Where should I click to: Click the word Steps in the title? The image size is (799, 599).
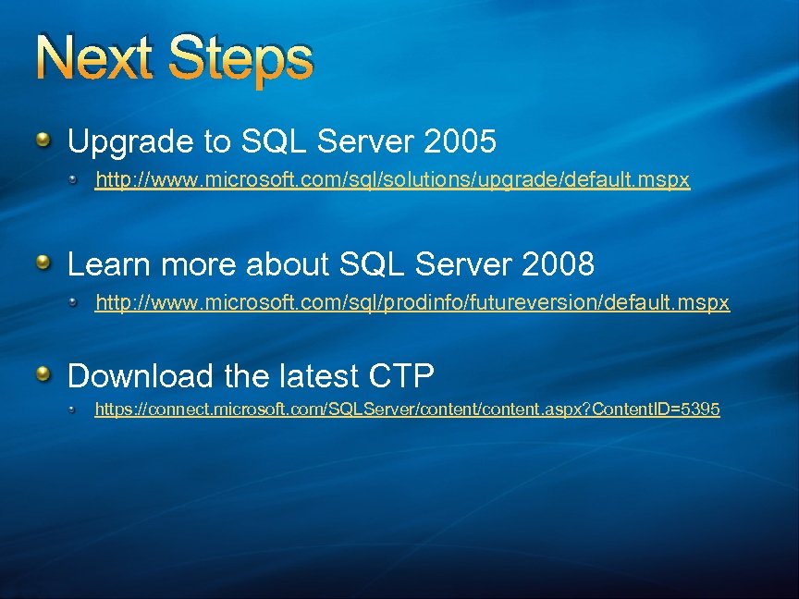coord(242,60)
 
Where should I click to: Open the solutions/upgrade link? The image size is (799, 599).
coord(393,180)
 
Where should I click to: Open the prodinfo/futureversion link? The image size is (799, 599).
coord(412,303)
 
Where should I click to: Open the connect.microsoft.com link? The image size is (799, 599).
coord(407,409)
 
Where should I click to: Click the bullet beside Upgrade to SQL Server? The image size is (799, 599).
coord(44,141)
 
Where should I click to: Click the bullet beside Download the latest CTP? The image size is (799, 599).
coord(44,374)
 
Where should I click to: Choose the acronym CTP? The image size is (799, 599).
coord(400,376)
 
